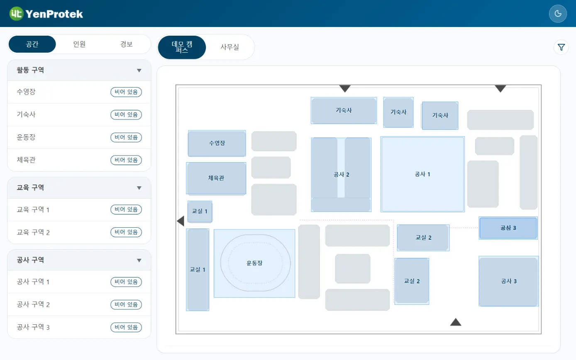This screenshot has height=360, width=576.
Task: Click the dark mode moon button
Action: (x=557, y=14)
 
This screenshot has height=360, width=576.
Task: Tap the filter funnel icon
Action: (x=561, y=47)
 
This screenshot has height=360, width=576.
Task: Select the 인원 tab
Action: (x=79, y=44)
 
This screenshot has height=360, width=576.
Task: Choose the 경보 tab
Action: (x=126, y=44)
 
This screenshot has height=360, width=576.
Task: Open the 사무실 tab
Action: (x=229, y=47)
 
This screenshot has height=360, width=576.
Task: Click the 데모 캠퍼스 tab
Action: (x=182, y=47)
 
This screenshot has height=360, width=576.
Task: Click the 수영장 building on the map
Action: (x=217, y=143)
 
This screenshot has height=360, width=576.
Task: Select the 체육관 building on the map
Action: (x=216, y=178)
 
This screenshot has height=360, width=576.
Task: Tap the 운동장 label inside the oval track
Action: (x=254, y=263)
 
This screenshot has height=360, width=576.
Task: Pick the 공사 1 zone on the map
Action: (x=422, y=174)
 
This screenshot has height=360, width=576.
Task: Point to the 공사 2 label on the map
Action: (x=341, y=175)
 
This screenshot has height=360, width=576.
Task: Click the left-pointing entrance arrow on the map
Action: (x=181, y=221)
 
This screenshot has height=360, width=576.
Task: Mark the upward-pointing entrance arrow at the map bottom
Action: (x=456, y=322)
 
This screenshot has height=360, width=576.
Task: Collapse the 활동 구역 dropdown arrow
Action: (x=139, y=71)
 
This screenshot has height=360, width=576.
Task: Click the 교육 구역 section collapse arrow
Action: (x=139, y=188)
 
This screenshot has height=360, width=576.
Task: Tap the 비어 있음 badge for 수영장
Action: (x=126, y=92)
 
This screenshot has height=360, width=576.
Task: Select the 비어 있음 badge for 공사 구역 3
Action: (x=126, y=327)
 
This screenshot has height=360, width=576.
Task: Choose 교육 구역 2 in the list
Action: (x=33, y=232)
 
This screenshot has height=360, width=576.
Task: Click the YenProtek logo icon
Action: (x=16, y=14)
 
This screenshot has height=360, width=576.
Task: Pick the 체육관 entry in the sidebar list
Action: (x=26, y=160)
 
